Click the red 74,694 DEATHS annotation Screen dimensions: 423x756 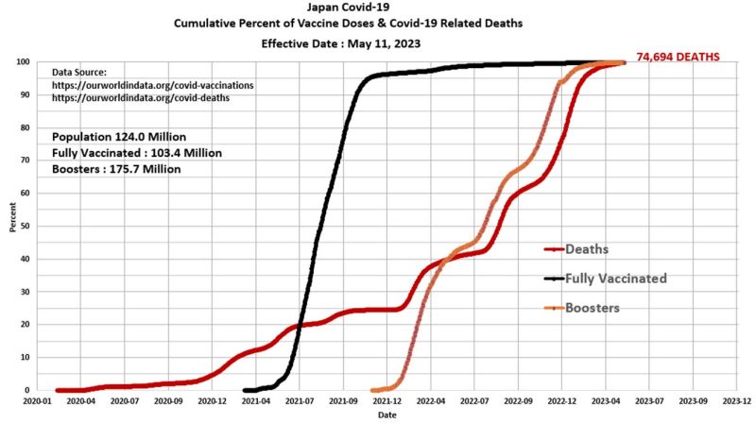coord(678,58)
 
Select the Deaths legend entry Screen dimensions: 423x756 coord(587,249)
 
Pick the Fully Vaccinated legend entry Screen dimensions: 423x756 coord(615,279)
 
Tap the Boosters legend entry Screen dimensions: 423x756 coord(593,308)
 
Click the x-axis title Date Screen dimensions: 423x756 coord(387,415)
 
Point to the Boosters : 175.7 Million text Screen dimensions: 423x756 coord(117,169)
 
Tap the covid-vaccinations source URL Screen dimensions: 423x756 coord(152,85)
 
